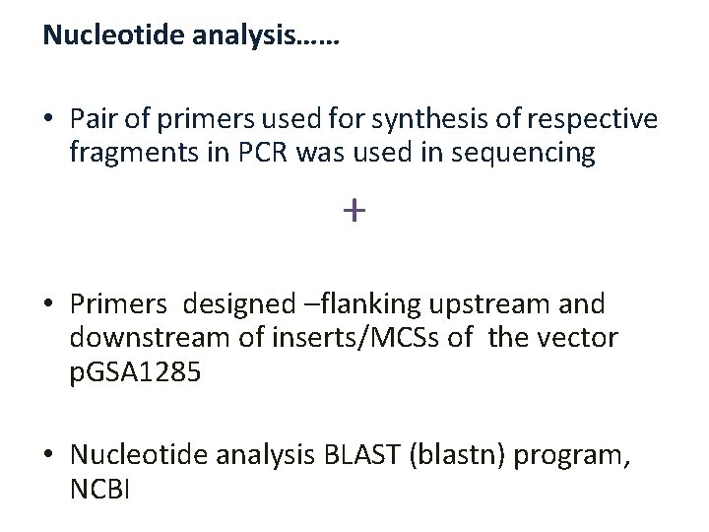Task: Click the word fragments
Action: coord(122,153)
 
